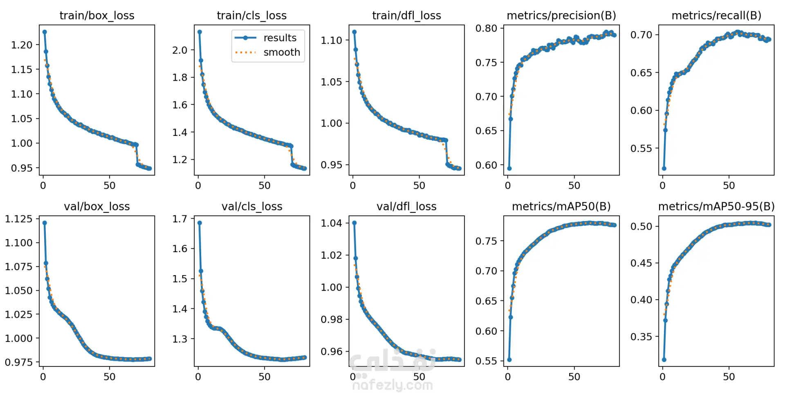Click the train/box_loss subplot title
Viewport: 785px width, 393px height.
click(97, 16)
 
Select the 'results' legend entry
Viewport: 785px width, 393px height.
click(280, 38)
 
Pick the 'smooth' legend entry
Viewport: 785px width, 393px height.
click(282, 52)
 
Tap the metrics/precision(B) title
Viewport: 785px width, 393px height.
click(561, 16)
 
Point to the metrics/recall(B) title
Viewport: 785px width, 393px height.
click(716, 16)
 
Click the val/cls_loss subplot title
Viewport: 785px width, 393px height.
click(252, 206)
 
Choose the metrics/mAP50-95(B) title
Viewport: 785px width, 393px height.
click(716, 206)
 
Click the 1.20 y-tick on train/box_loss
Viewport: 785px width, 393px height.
click(22, 45)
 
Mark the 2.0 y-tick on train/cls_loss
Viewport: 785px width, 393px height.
click(179, 50)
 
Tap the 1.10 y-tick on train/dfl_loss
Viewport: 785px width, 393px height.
click(331, 41)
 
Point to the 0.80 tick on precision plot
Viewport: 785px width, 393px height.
click(486, 29)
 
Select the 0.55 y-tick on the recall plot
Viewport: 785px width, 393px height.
click(641, 149)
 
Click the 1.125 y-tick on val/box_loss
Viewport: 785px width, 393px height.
click(19, 219)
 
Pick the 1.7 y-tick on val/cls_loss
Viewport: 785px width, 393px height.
click(179, 219)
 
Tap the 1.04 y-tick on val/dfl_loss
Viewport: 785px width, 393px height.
click(331, 223)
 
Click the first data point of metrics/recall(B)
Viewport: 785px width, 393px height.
click(664, 168)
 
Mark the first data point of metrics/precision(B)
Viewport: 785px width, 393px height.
click(509, 168)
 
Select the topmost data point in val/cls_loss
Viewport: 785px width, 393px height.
click(200, 223)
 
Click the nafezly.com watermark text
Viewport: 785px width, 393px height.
click(392, 385)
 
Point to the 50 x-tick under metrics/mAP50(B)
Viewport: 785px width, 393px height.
click(574, 377)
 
